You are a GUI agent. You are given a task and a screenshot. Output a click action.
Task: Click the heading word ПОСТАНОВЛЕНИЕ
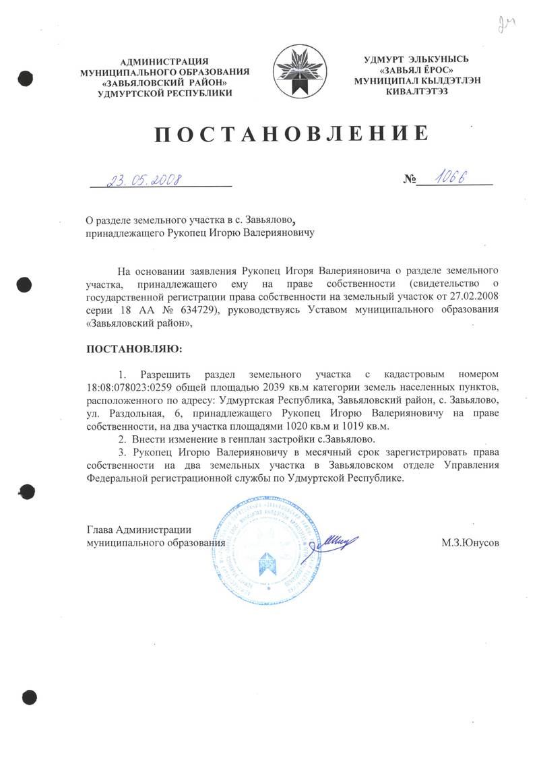292,134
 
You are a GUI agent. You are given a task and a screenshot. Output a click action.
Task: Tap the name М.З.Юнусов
470,542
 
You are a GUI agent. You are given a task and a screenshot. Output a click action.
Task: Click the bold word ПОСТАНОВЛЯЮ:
134,350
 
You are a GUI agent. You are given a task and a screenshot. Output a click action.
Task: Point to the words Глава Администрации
140,529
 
